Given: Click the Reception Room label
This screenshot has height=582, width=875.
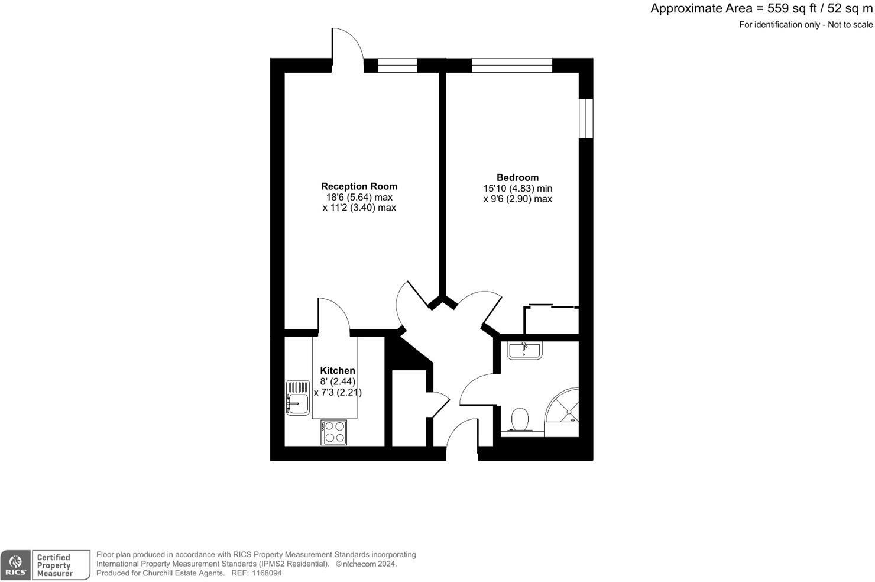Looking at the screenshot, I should (359, 186).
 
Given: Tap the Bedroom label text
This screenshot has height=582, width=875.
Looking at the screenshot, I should (517, 177).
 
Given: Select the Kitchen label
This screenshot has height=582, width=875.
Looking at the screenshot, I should (338, 371).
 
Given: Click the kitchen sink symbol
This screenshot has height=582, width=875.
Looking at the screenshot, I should (298, 397).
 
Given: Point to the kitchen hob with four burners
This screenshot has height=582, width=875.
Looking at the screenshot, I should (335, 432).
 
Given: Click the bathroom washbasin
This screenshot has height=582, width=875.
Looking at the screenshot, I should (524, 350).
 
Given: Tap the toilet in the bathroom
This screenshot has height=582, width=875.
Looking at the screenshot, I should (520, 421).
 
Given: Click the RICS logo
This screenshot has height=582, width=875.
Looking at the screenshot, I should (16, 565).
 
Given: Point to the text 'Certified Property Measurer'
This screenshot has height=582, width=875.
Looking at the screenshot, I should (54, 565).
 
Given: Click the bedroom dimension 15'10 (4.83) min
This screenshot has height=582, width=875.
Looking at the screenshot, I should (517, 189).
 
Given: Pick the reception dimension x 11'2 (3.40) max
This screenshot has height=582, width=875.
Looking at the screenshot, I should (359, 208).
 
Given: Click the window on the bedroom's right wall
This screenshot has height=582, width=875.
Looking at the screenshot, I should (586, 118).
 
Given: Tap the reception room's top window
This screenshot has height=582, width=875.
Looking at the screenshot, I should (397, 65).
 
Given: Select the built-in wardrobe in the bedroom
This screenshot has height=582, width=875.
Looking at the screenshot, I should (551, 320).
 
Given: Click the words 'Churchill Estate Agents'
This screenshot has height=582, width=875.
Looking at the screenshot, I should (183, 573).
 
